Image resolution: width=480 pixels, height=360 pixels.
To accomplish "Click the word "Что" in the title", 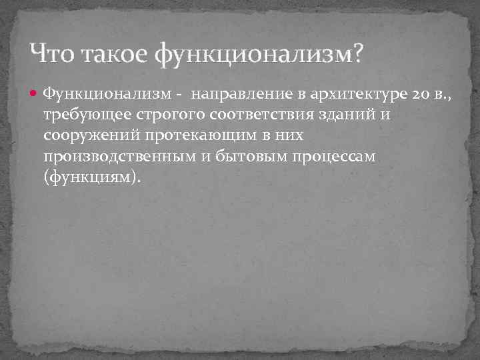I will pos(53,52).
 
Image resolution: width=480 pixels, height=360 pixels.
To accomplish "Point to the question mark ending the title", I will pos(359,52).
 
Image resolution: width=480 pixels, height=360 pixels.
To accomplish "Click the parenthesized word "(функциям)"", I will pos(93,179).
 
